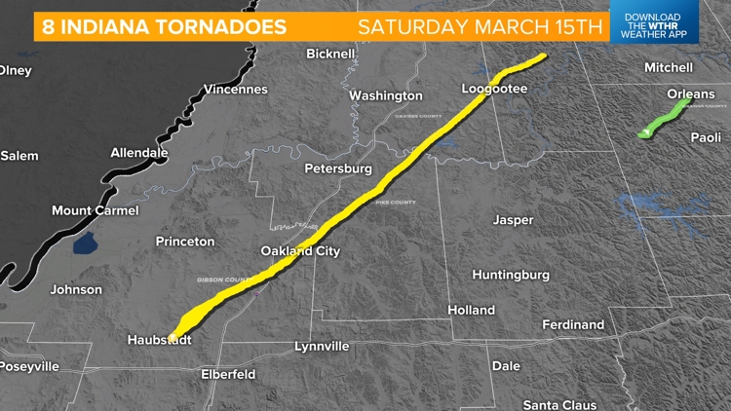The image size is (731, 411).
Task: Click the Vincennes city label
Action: pos(235,90)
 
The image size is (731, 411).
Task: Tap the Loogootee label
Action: pos(494,90)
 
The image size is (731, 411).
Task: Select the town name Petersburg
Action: pos(338,168)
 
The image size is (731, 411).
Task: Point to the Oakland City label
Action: pos(300,251)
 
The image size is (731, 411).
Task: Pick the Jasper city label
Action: pos(513,220)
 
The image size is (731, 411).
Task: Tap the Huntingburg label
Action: pos(511,275)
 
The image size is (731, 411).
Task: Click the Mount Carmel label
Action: pos(95,210)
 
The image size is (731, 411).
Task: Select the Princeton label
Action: pos(184,241)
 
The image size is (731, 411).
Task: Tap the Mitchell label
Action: pos(669,67)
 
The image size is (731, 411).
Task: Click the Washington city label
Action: pos(386,95)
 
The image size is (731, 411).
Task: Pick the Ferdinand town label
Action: pos(572,324)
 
